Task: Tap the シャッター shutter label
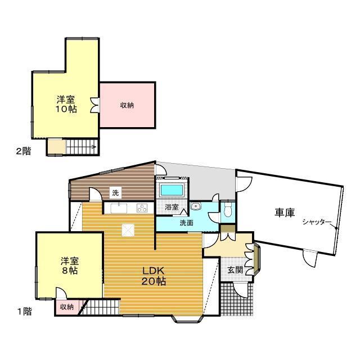317,222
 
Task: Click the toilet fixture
227,210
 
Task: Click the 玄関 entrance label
235,270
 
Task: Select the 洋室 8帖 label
70,265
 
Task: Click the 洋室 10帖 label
66,105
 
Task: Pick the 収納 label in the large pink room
127,105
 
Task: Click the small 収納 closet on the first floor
66,307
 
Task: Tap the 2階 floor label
23,151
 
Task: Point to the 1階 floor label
23,310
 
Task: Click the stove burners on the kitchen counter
142,208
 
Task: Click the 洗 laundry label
115,193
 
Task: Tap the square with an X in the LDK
128,229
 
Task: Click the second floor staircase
82,147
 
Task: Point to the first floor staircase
102,308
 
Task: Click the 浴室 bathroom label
172,207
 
